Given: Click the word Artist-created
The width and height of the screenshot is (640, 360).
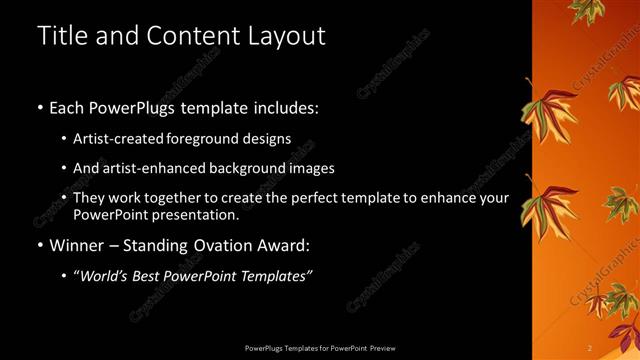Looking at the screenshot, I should pyautogui.click(x=123, y=138).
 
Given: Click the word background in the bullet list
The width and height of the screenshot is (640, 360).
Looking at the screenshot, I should pyautogui.click(x=243, y=168).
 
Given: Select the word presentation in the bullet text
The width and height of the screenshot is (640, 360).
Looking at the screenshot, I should pyautogui.click(x=196, y=215).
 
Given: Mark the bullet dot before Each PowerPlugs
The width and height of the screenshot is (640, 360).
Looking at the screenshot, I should pyautogui.click(x=39, y=107).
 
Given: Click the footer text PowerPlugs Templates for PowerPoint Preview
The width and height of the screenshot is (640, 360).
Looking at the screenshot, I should pyautogui.click(x=319, y=347).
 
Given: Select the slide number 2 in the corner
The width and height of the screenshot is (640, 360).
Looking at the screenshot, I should pyautogui.click(x=591, y=347).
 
